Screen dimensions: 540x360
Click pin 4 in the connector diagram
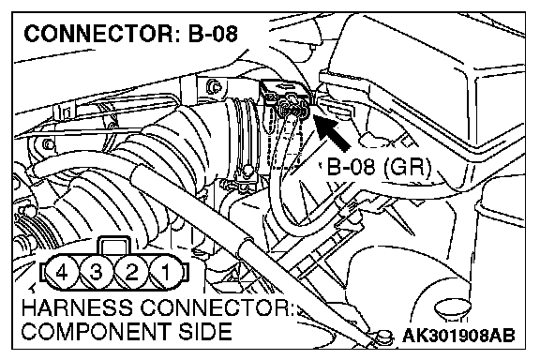coord(62,272)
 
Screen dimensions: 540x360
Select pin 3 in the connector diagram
coord(97,272)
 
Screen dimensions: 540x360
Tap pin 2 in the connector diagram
coord(131,272)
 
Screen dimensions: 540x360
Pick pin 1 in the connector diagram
coord(166,272)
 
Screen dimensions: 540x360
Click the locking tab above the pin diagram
coord(114,246)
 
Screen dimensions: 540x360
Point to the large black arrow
coord(332,131)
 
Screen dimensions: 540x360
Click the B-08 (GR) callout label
coord(379,167)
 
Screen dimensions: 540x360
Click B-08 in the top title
coord(213,34)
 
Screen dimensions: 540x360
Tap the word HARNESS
coord(77,307)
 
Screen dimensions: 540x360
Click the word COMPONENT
coord(96,331)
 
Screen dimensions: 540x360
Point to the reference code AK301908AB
coord(458,336)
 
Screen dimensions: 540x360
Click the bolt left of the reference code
coord(383,336)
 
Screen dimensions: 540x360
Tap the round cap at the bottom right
coord(453,308)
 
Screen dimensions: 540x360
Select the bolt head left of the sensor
coord(213,86)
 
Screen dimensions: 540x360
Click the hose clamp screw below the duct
coord(246,170)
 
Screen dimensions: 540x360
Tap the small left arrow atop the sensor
coord(286,84)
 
